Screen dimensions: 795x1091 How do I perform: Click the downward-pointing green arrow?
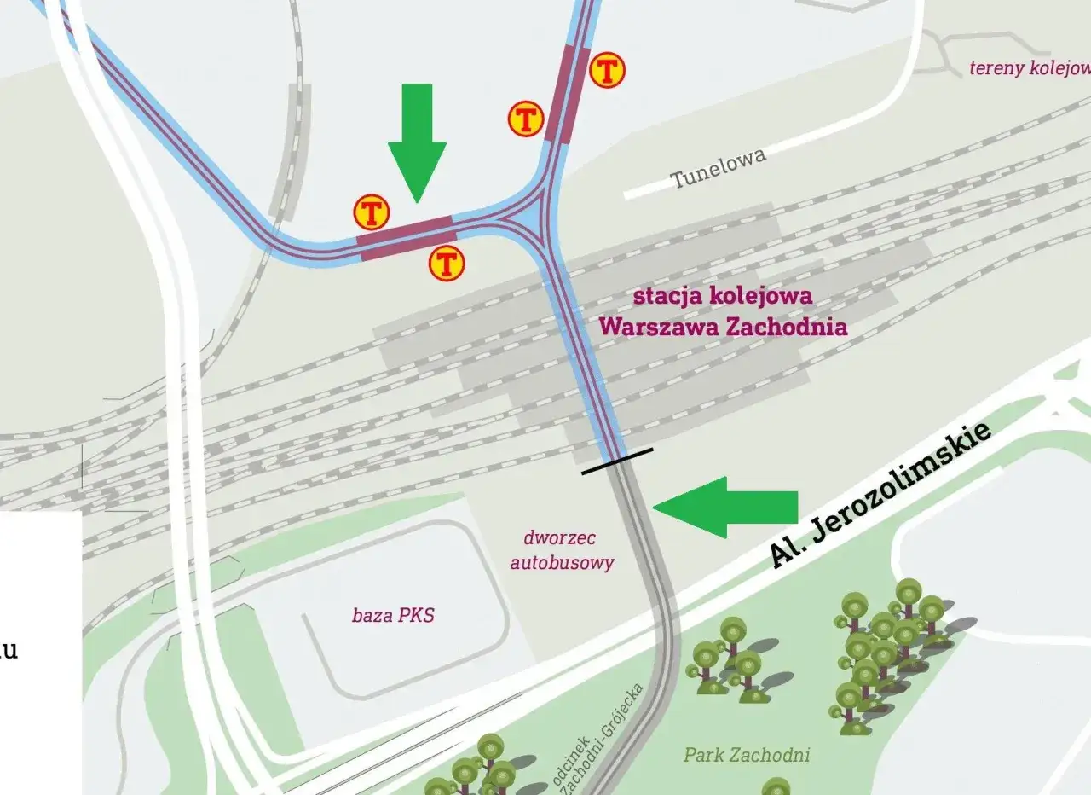pyautogui.click(x=417, y=141)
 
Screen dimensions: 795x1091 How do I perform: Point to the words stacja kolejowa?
pyautogui.click(x=722, y=298)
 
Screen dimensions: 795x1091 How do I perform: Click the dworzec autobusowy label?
pyautogui.click(x=562, y=550)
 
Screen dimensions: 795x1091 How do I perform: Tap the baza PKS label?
pyautogui.click(x=393, y=615)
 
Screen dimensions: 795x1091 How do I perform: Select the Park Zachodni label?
pyautogui.click(x=747, y=755)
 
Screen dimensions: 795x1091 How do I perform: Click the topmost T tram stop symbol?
pyautogui.click(x=608, y=70)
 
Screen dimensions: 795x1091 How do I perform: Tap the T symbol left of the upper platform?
pyautogui.click(x=526, y=119)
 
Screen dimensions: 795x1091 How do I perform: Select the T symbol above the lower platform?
pyautogui.click(x=372, y=212)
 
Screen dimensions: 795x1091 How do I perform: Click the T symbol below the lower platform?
pyautogui.click(x=447, y=264)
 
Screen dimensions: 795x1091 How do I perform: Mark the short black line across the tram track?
pyautogui.click(x=617, y=461)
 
